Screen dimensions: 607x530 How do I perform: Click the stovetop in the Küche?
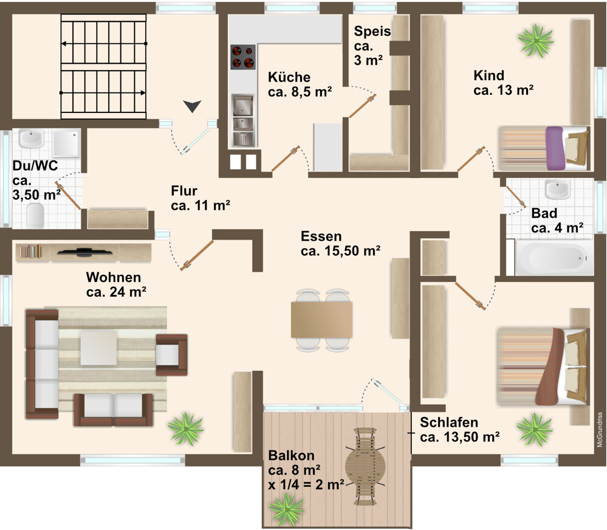[243, 57]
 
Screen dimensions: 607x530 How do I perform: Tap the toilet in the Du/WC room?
[35, 216]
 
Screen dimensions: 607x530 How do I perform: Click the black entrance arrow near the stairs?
[193, 106]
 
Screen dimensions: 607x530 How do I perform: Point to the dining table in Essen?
[321, 320]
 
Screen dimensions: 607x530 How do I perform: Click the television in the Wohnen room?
[85, 252]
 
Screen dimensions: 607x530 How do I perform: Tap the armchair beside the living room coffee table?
[171, 354]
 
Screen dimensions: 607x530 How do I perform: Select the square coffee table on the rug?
[98, 348]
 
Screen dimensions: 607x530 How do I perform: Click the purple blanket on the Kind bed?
[555, 148]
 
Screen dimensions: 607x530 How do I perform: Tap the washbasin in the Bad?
[557, 189]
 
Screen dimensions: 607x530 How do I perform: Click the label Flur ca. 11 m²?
[201, 198]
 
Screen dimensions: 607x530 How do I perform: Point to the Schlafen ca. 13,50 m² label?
[459, 429]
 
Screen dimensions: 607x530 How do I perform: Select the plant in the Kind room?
[536, 40]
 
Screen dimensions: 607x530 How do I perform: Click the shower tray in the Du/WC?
[67, 143]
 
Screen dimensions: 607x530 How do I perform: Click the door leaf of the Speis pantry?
[363, 106]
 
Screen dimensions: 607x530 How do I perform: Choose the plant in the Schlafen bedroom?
[535, 429]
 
